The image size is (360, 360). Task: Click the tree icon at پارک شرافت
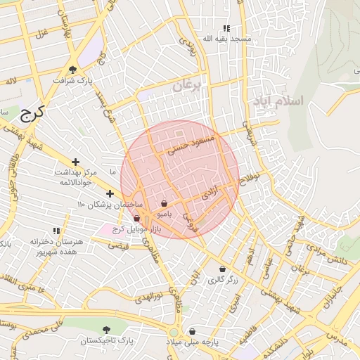point(73,69)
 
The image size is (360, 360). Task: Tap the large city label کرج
point(32,112)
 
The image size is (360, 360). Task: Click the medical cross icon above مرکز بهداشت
point(75,162)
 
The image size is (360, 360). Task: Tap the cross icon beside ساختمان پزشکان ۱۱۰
point(110,193)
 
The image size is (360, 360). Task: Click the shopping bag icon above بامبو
point(165,202)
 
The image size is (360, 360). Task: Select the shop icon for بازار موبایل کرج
point(136,219)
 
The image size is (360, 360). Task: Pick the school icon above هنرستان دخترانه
point(56,231)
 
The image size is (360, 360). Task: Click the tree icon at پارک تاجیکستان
point(106,329)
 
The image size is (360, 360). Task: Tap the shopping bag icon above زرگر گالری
point(223,269)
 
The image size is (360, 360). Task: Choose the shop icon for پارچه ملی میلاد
point(192,331)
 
